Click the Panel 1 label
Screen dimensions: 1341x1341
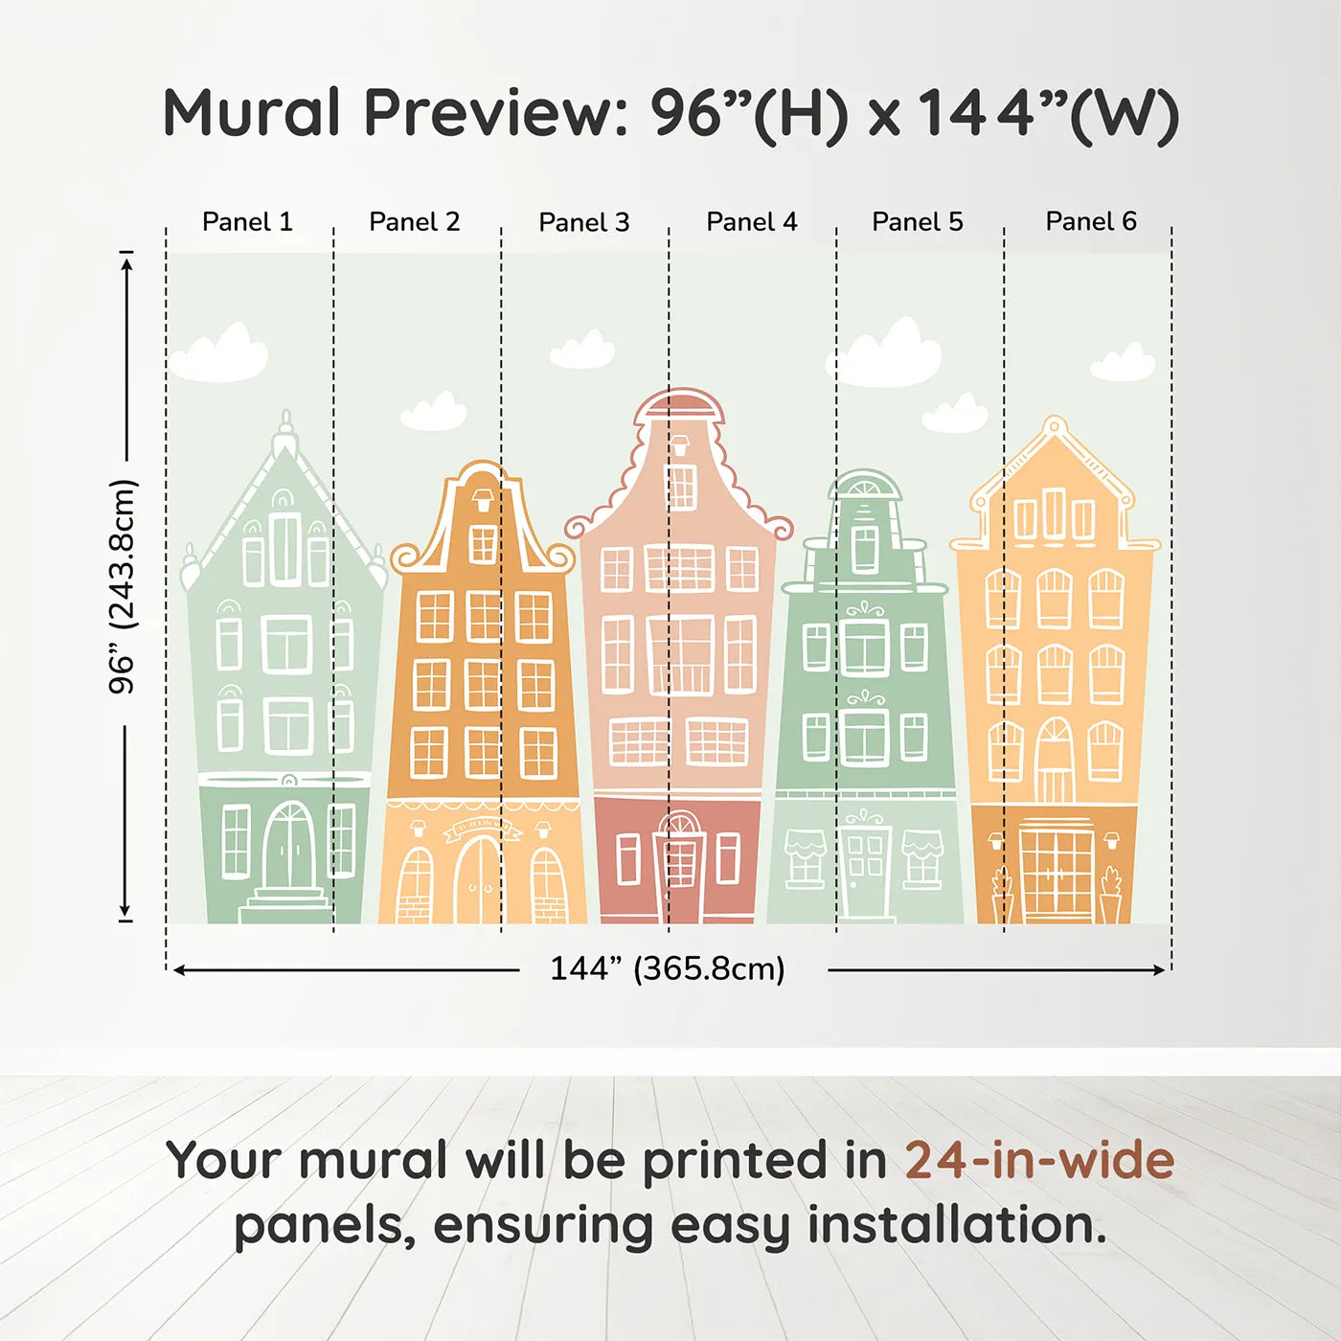247,222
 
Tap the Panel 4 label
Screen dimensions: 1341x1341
751,222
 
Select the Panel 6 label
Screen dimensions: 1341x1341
1090,222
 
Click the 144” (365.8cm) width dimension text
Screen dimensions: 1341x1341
667,968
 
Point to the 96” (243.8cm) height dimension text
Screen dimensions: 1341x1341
123,586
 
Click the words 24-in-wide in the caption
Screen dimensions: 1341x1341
1039,1160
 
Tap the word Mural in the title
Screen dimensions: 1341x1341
251,113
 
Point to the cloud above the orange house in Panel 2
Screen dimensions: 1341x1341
434,412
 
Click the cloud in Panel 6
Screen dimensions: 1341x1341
1123,363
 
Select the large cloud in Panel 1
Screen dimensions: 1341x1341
220,354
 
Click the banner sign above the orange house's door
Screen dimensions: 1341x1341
483,828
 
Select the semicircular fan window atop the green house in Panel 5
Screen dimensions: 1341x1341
865,486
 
